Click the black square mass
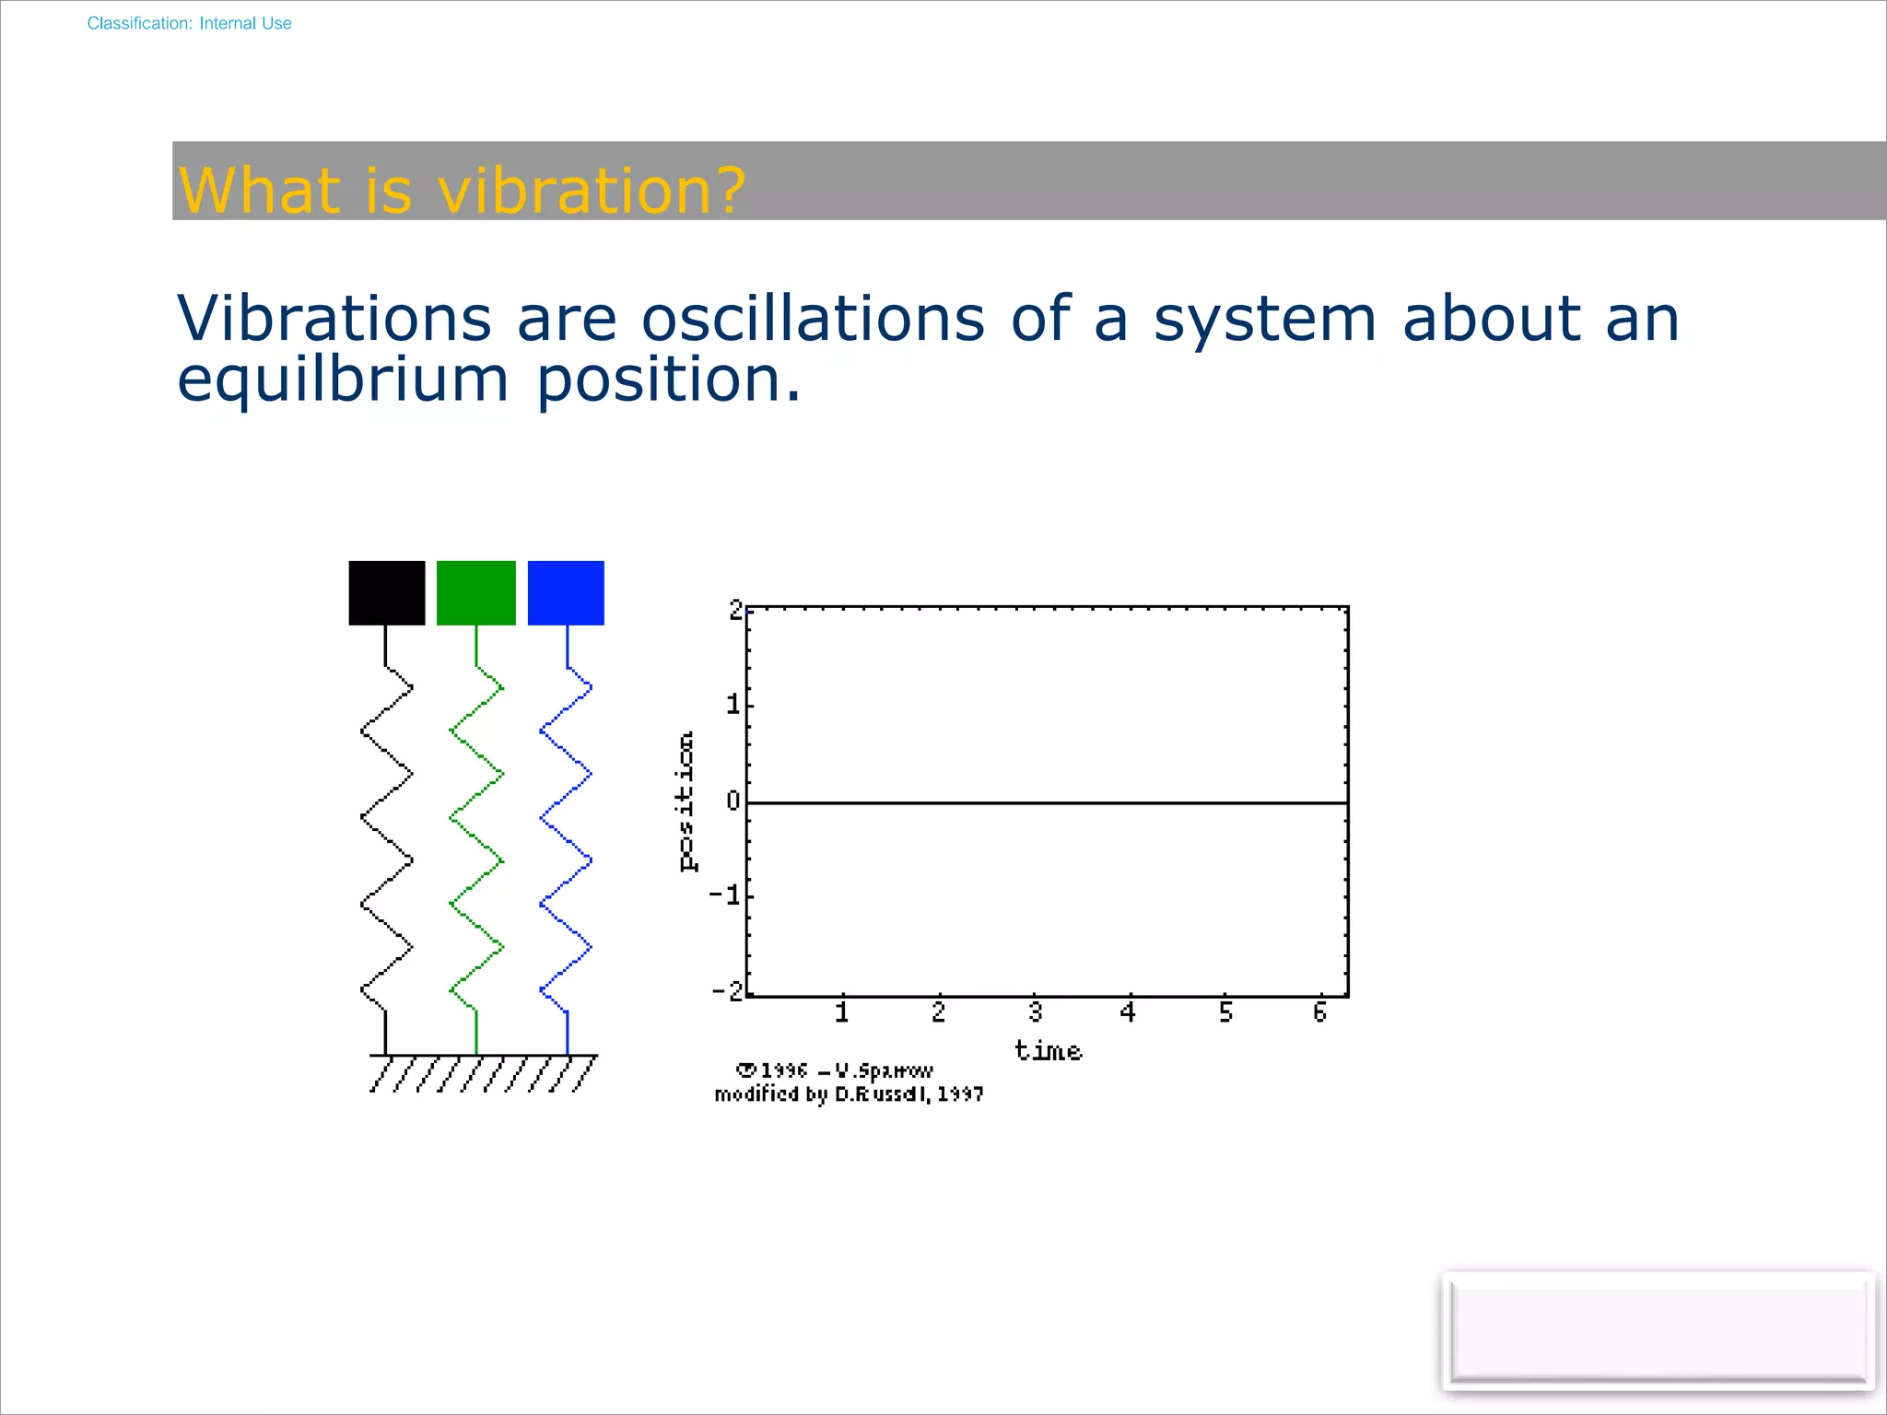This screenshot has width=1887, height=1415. click(387, 593)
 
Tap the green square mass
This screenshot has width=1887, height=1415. click(475, 593)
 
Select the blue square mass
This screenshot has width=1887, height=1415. click(566, 593)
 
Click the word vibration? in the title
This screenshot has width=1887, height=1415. click(591, 191)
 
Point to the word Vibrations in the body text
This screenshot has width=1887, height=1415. click(334, 319)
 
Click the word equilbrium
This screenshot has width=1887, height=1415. click(343, 380)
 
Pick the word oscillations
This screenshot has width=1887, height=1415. click(813, 319)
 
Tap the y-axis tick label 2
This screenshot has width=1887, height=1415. click(735, 610)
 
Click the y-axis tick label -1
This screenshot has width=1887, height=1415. click(725, 895)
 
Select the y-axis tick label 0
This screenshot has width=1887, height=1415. click(733, 801)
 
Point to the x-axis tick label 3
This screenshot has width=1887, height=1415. click(1035, 1012)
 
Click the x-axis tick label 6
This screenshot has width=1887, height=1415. click(1319, 1012)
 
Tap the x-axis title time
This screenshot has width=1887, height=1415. click(1048, 1051)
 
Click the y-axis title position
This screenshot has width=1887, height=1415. click(686, 801)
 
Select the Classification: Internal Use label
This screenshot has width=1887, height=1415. click(189, 24)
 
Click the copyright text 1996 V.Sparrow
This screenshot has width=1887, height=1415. click(835, 1070)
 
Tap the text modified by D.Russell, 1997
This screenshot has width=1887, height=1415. click(849, 1094)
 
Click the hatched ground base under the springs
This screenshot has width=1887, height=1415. click(483, 1073)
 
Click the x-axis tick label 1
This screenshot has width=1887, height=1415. click(841, 1012)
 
